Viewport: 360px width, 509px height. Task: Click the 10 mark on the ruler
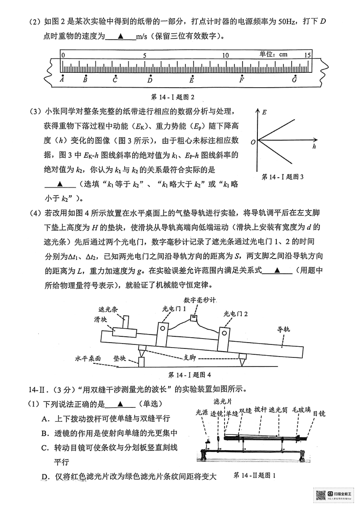pos(226,55)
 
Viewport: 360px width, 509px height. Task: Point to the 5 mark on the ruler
pos(144,55)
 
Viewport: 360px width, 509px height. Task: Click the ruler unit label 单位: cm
pos(273,54)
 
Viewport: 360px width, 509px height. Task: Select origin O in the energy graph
pos(254,142)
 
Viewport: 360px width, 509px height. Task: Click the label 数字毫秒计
pos(200,299)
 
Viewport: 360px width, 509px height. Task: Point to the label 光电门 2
pos(236,313)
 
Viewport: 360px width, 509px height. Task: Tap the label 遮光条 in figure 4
pos(108,310)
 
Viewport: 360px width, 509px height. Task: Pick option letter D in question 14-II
pos(45,477)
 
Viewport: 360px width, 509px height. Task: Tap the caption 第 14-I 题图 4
pos(189,375)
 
